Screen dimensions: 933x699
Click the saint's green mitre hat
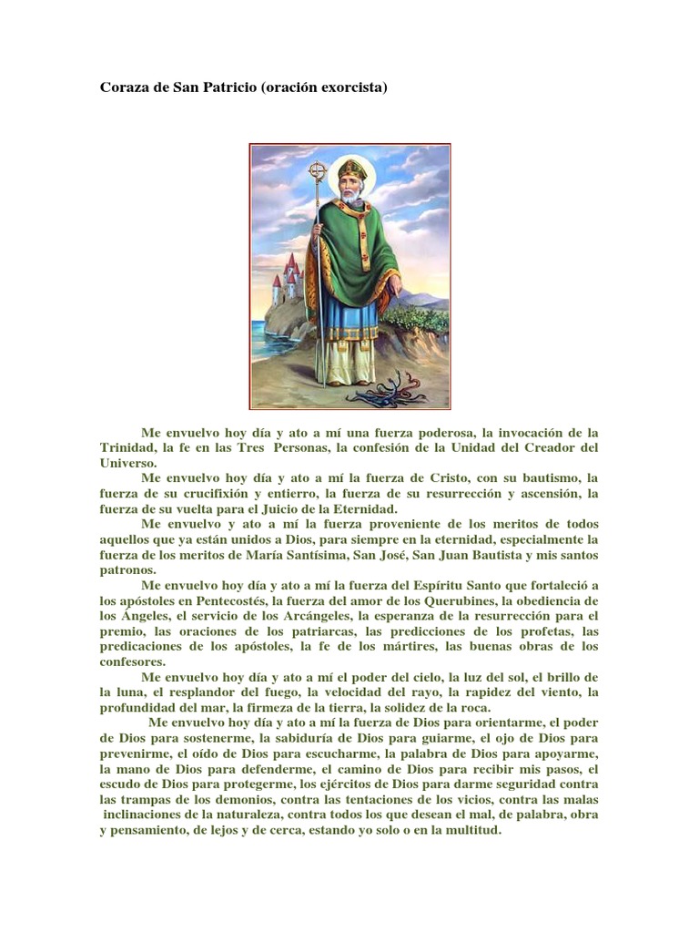coord(350,170)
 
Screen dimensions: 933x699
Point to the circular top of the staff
coord(317,171)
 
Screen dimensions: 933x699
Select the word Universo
coord(128,463)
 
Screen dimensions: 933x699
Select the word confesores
coord(133,661)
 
